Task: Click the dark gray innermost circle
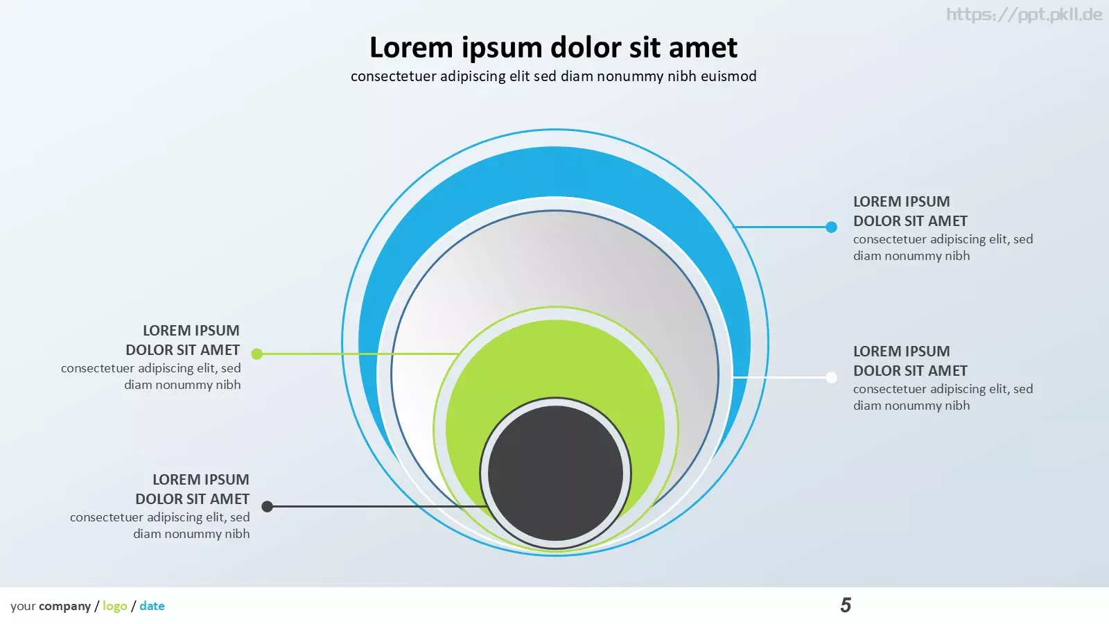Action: [x=555, y=474]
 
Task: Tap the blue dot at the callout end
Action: [x=831, y=227]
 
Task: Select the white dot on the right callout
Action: [x=831, y=377]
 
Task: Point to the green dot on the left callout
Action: [x=256, y=354]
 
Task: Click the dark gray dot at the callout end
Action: [x=267, y=506]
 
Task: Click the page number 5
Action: [x=846, y=605]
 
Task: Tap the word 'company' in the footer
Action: [x=64, y=606]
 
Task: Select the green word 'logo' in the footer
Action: [x=115, y=606]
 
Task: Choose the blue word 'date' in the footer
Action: [x=152, y=606]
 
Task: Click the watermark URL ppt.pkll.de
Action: [x=1024, y=15]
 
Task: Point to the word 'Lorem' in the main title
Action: [x=411, y=48]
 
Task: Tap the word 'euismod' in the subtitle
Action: [x=728, y=76]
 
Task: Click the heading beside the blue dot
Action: [x=910, y=211]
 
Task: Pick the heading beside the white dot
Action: [x=910, y=361]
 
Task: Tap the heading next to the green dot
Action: [x=183, y=340]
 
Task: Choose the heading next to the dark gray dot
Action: [x=192, y=489]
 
